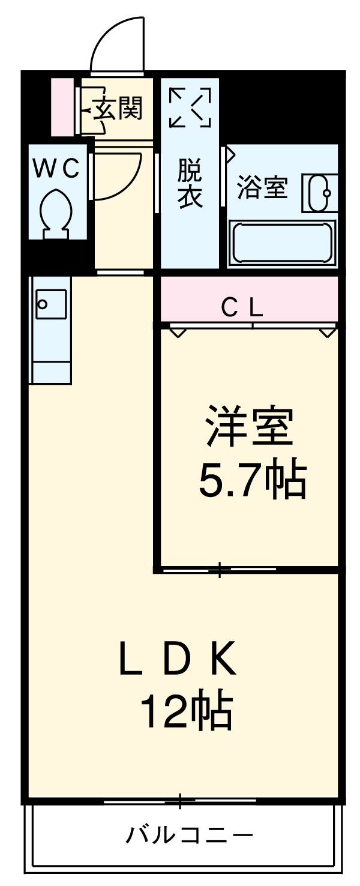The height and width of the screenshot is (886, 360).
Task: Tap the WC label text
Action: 56,170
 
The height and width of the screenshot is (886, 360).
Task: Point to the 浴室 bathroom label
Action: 262,188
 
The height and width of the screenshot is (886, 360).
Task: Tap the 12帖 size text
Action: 186,711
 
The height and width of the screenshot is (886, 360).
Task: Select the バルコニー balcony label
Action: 188,835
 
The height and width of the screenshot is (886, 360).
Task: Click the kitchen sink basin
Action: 50,305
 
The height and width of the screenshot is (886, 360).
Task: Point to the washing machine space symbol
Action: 190,107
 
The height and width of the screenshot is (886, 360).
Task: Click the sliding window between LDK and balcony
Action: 179,801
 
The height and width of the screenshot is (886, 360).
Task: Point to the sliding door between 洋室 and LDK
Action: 220,569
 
